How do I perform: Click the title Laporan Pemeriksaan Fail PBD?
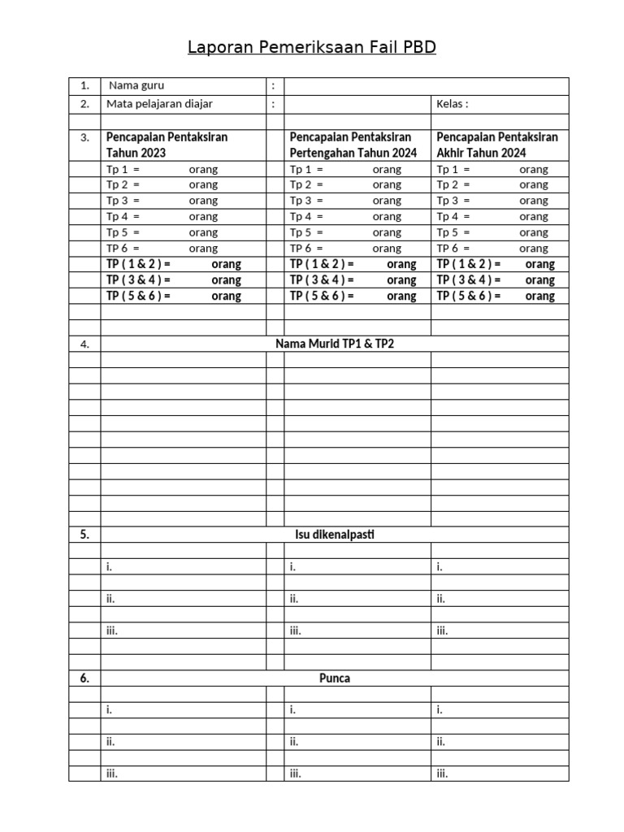pyautogui.click(x=312, y=48)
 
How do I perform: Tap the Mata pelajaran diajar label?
pyautogui.click(x=159, y=104)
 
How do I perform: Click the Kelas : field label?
pyautogui.click(x=453, y=104)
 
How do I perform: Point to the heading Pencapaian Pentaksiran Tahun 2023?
pyautogui.click(x=167, y=145)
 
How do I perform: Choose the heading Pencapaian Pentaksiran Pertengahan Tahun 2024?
pyautogui.click(x=353, y=145)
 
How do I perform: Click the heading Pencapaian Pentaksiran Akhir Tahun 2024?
pyautogui.click(x=497, y=145)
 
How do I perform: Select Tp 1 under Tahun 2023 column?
pyautogui.click(x=123, y=169)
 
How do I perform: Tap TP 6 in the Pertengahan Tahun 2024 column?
pyautogui.click(x=306, y=249)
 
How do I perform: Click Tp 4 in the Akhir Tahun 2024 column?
pyautogui.click(x=453, y=217)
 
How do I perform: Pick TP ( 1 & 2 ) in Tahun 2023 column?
pyautogui.click(x=138, y=264)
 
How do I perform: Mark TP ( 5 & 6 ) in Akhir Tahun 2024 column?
pyautogui.click(x=469, y=296)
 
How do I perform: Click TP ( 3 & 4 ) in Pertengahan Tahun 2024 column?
pyautogui.click(x=322, y=280)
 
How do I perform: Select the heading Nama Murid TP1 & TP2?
pyautogui.click(x=334, y=344)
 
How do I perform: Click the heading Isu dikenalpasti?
pyautogui.click(x=334, y=535)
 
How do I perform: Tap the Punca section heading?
pyautogui.click(x=334, y=678)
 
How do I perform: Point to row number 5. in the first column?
pyautogui.click(x=84, y=535)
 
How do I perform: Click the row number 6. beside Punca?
pyautogui.click(x=84, y=678)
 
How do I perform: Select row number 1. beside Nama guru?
pyautogui.click(x=84, y=85)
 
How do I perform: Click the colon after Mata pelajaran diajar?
pyautogui.click(x=274, y=104)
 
